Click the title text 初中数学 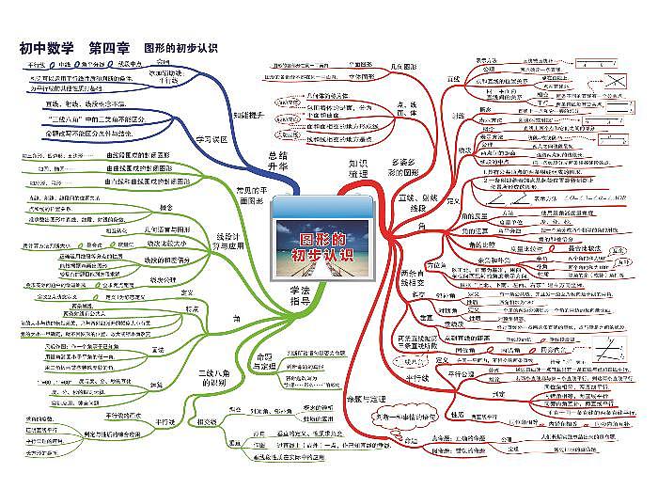(47, 47)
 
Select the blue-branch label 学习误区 (211, 138)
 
